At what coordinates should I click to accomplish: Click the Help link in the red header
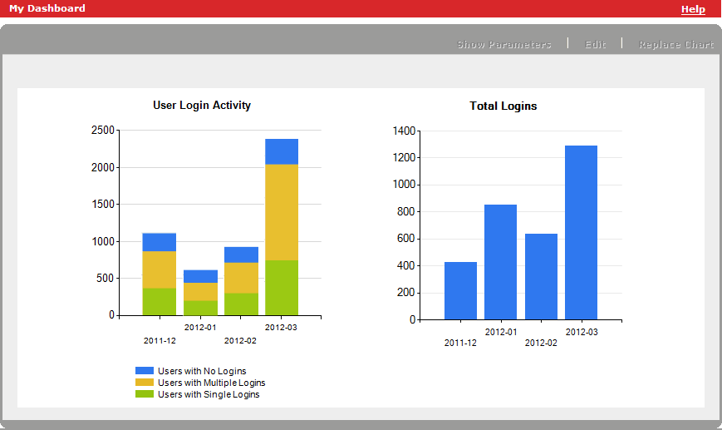tap(693, 9)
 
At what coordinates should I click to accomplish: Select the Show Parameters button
tap(504, 44)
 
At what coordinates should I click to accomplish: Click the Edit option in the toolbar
tap(596, 44)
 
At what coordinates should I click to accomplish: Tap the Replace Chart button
tap(675, 44)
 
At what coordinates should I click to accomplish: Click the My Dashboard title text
tap(47, 8)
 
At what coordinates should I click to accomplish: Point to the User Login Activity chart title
tap(202, 106)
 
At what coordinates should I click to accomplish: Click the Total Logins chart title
tap(503, 106)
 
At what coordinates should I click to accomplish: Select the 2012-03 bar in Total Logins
tap(581, 233)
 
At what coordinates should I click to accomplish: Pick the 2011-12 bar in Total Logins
tap(460, 290)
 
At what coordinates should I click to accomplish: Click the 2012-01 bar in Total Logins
tap(500, 262)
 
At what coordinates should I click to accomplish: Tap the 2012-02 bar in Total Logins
tap(541, 276)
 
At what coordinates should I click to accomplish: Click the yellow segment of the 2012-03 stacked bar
tap(282, 212)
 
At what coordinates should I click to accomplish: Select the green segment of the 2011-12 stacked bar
tap(159, 301)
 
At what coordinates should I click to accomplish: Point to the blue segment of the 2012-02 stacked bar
tap(241, 255)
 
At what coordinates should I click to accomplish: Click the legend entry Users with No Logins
tap(202, 371)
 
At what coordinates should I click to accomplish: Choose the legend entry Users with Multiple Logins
tap(211, 383)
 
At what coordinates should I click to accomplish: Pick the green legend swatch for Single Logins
tap(145, 394)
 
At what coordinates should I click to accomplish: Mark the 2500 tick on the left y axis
tap(103, 131)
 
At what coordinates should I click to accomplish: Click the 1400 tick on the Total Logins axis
tap(403, 131)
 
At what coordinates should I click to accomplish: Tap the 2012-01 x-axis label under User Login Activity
tap(200, 328)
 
